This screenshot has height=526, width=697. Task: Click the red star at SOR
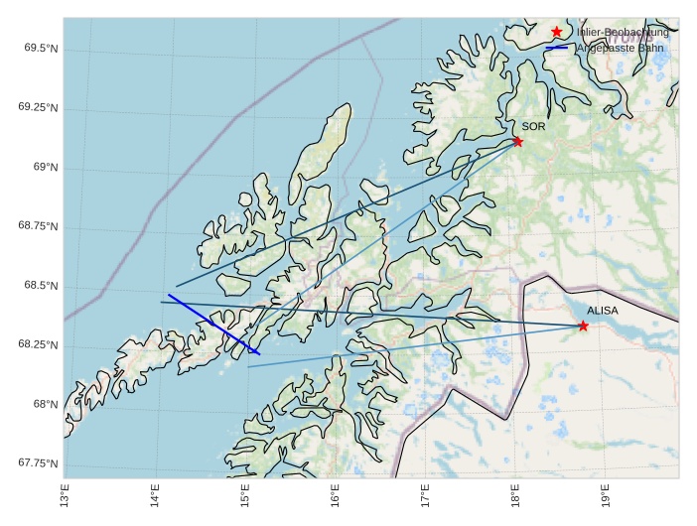click(x=517, y=142)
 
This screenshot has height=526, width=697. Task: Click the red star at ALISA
click(x=583, y=326)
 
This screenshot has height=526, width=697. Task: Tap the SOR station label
click(x=533, y=127)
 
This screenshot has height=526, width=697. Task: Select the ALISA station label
click(x=602, y=311)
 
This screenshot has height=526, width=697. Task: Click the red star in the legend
click(x=556, y=32)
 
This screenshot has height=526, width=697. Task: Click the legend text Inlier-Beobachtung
click(x=623, y=32)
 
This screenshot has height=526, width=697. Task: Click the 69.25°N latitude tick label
click(x=37, y=107)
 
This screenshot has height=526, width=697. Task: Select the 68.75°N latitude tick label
click(x=37, y=226)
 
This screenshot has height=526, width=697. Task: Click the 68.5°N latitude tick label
click(x=39, y=286)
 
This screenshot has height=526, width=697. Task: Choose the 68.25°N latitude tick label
click(x=37, y=345)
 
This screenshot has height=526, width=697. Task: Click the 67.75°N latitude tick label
click(x=37, y=463)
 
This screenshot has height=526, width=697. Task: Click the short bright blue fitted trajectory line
click(x=213, y=324)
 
